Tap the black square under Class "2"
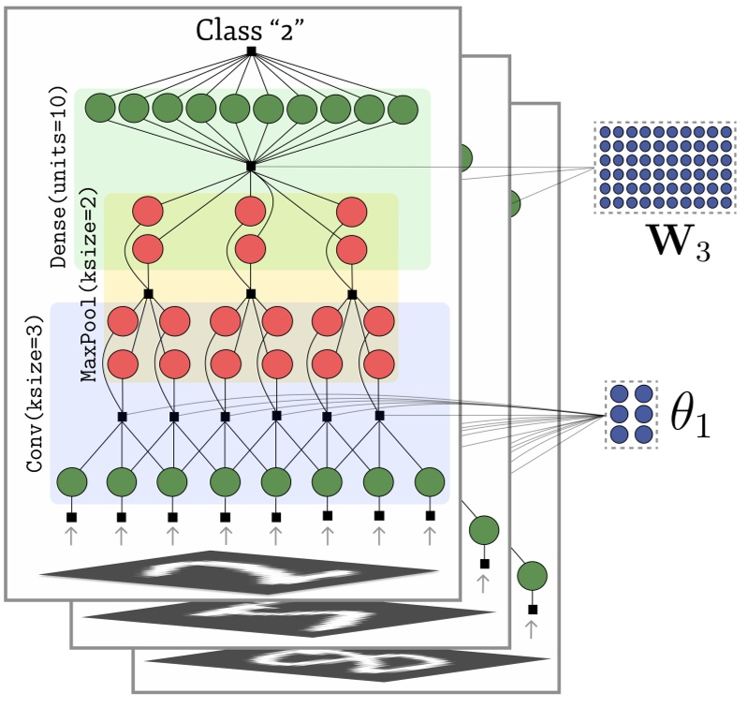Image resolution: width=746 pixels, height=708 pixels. (x=251, y=52)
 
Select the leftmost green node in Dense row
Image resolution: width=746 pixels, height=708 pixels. (x=100, y=110)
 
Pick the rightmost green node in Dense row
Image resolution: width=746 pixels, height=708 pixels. (x=402, y=110)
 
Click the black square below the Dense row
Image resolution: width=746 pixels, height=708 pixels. (x=251, y=167)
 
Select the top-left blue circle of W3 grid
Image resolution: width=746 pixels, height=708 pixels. (x=605, y=133)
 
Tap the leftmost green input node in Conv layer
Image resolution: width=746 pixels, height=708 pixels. (x=72, y=483)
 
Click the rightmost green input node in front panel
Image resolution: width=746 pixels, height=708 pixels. (x=429, y=483)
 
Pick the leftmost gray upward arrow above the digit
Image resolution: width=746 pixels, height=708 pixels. (x=70, y=535)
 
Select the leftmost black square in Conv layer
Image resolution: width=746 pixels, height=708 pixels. (x=122, y=416)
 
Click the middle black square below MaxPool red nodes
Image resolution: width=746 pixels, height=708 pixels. (x=251, y=294)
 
